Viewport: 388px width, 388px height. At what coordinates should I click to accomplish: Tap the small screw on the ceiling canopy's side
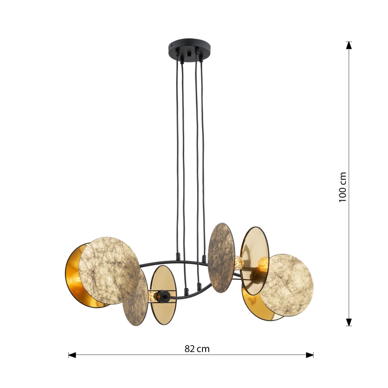pos(172,46)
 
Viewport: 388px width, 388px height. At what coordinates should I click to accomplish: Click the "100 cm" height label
pos(343,187)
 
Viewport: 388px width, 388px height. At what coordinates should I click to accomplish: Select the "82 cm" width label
pos(197,349)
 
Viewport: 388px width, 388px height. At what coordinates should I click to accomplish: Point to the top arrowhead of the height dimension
pos(349,45)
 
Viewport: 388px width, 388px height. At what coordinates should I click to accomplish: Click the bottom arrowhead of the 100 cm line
pos(349,322)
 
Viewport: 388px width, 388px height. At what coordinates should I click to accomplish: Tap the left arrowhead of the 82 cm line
pos(72,355)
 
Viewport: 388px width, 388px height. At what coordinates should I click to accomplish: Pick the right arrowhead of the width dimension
pos(309,355)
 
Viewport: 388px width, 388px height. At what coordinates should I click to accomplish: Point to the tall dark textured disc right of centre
pos(221,257)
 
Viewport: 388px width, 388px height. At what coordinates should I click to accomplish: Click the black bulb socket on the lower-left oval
pos(164,295)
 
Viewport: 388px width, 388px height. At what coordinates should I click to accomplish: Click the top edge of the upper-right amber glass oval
pos(255,228)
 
